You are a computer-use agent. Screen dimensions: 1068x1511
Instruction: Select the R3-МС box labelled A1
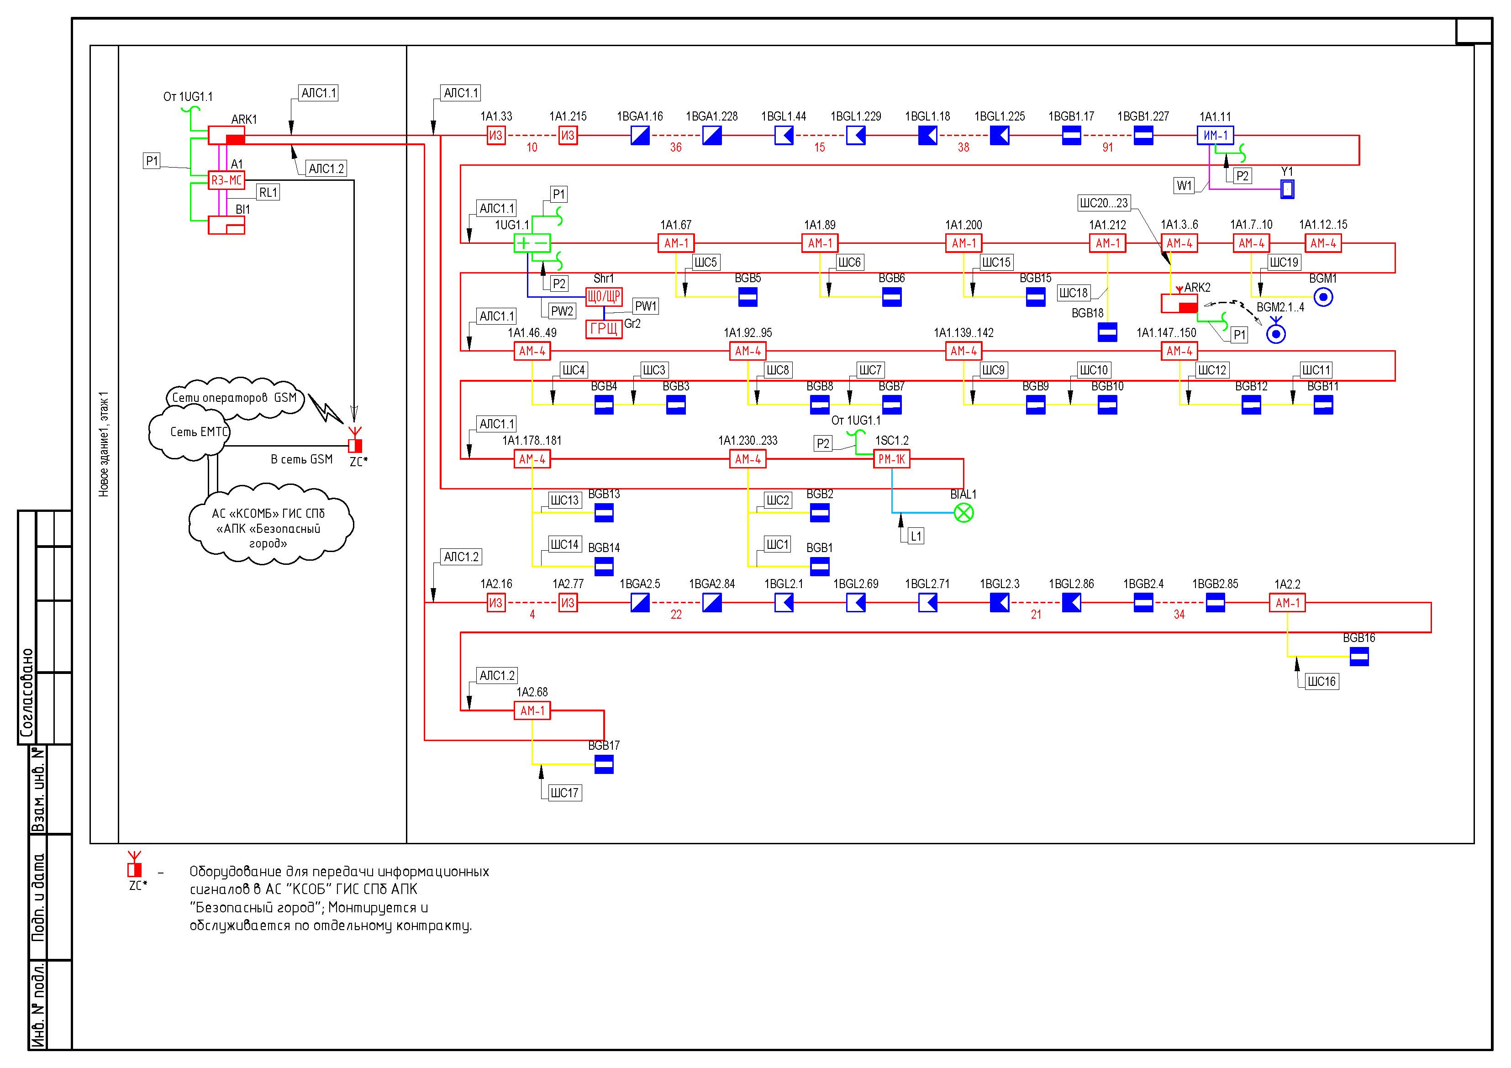pos(226,180)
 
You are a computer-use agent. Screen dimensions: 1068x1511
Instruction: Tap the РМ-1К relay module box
pos(892,459)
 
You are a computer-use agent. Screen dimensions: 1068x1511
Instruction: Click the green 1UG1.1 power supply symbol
pos(532,243)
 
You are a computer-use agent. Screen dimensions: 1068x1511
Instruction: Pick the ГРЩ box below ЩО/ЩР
pos(604,329)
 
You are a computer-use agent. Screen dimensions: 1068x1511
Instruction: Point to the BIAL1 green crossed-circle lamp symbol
pos(963,513)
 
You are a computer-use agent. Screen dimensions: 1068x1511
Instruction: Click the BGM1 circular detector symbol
pos(1323,297)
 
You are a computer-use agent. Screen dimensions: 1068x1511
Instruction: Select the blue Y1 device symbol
pos(1287,189)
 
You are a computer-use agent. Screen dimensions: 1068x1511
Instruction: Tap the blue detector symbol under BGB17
pos(604,765)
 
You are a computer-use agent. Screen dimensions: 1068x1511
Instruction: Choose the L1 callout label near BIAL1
pos(916,537)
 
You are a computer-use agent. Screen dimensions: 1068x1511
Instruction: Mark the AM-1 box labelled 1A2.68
pos(532,710)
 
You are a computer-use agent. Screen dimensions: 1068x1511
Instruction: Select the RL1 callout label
pos(268,193)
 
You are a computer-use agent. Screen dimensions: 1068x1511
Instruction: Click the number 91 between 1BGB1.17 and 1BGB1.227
pos(1108,148)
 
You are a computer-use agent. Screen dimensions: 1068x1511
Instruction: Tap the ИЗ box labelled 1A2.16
pos(495,603)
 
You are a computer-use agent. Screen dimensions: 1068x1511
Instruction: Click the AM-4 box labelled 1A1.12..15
pos(1323,243)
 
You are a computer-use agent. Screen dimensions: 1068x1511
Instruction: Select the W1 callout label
pos(1184,185)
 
